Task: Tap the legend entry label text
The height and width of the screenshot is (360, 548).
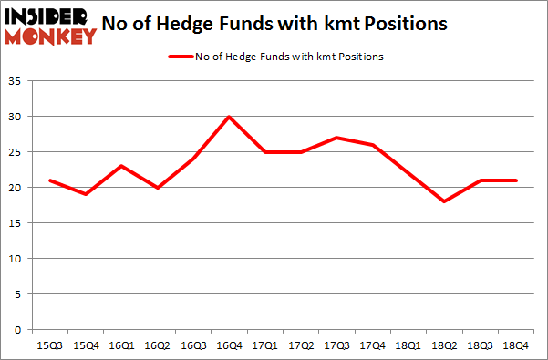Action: tap(287, 57)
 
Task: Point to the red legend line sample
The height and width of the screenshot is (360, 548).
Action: tap(179, 57)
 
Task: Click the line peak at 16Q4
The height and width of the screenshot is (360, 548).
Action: tap(228, 117)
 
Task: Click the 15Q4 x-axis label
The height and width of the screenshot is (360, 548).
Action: tap(86, 345)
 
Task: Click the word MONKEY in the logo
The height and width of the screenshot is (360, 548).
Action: tap(52, 36)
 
